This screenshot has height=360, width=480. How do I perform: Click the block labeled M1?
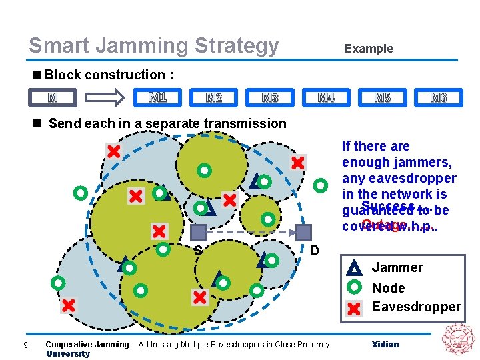coord(157,98)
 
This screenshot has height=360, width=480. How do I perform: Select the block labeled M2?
coord(213,98)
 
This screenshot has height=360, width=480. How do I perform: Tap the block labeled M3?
coord(270,98)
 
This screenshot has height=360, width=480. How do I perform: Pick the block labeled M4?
coord(326,98)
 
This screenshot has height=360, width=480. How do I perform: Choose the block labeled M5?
coord(382,98)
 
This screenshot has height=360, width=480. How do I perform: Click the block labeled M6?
coord(438,98)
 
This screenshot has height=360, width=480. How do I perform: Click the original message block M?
coord(53,98)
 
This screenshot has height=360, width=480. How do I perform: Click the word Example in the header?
coord(368,49)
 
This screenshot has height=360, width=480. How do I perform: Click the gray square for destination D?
coord(304,232)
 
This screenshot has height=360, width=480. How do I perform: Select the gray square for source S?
coord(199,232)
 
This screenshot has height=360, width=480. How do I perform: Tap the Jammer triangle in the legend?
coord(355,268)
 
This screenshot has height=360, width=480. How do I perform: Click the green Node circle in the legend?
coord(355,287)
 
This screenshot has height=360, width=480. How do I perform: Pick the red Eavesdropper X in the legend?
coord(355,307)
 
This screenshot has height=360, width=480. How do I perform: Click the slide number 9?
coord(25,345)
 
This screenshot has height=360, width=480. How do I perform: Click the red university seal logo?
coord(457,339)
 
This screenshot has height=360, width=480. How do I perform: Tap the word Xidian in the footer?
coord(385,345)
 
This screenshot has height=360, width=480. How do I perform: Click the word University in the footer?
coord(67,353)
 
